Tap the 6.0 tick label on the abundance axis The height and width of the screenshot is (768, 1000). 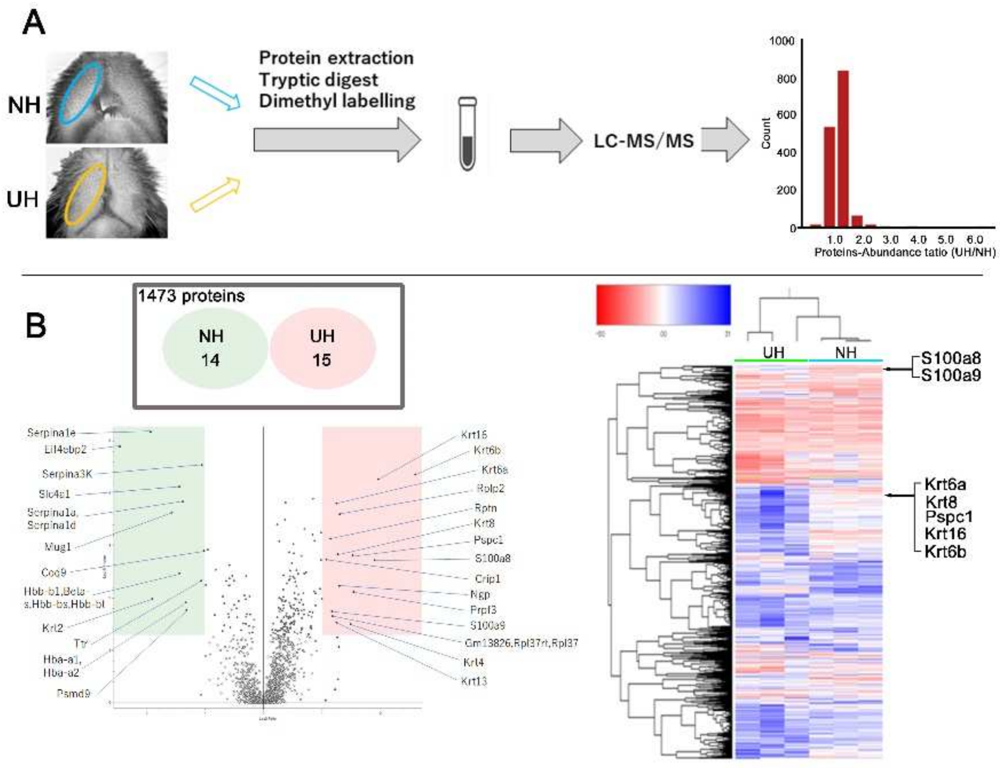point(974,240)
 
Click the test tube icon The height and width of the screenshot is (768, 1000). point(468,134)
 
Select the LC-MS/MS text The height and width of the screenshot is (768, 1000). point(643,141)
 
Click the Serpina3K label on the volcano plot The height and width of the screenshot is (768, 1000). point(67,474)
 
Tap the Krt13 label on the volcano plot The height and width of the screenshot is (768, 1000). point(474,681)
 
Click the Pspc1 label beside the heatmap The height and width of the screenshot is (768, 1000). point(949,517)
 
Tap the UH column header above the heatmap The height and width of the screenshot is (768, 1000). point(773,353)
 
